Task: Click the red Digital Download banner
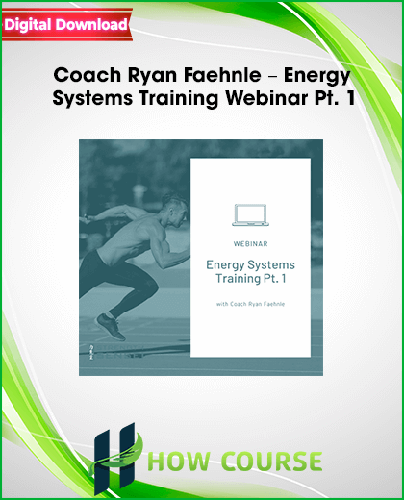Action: pos(66,25)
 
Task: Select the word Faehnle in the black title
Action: pos(222,75)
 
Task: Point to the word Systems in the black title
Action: pos(92,99)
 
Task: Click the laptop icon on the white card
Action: pos(250,214)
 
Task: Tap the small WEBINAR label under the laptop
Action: pos(250,244)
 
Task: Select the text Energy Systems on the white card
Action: pos(250,265)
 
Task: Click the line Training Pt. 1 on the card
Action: pos(250,279)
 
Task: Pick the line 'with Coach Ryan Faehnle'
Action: pos(250,304)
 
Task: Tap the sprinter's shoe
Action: pos(110,327)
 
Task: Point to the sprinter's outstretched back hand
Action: pos(87,219)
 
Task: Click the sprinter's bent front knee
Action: pos(151,287)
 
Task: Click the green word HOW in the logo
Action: pos(179,461)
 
